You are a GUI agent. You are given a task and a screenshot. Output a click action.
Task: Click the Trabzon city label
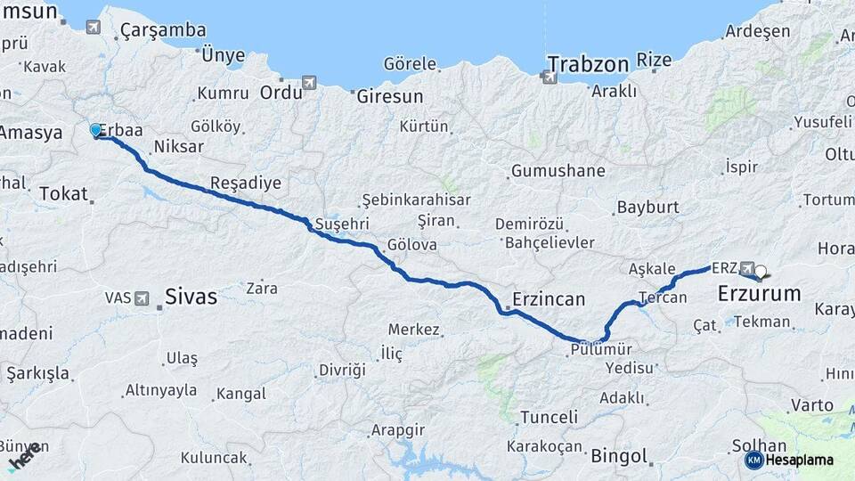[588, 63]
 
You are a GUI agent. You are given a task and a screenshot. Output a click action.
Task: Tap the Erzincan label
[549, 299]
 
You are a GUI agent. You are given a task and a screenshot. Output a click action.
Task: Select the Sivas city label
[191, 297]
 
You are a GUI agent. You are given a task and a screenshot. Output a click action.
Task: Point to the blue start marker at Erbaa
[96, 131]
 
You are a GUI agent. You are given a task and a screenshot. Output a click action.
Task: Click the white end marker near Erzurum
[761, 273]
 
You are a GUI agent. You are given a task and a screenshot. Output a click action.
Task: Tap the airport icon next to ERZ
[746, 268]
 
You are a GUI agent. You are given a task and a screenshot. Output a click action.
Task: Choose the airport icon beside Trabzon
[549, 77]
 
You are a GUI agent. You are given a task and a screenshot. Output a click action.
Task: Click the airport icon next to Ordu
[309, 84]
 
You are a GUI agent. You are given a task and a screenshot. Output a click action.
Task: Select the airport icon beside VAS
[142, 298]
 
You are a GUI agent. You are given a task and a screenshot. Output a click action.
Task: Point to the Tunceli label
[549, 417]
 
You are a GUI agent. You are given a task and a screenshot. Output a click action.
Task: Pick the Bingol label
[618, 456]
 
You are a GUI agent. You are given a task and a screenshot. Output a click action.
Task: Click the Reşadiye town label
[245, 183]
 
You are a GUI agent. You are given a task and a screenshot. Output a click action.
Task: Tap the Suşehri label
[341, 224]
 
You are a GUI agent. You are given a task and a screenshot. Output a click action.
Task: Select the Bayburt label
[647, 207]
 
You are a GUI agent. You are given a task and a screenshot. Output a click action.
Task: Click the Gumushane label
[558, 170]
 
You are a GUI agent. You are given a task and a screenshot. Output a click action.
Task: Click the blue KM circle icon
[753, 461]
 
